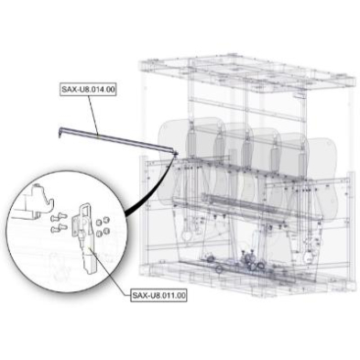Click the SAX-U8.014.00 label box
pyautogui.click(x=88, y=90)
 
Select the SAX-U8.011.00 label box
pyautogui.click(x=158, y=295)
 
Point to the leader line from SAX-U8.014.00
pyautogui.click(x=93, y=115)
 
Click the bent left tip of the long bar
pyautogui.click(x=60, y=132)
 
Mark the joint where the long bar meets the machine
pyautogui.click(x=176, y=153)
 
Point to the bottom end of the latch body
pyautogui.click(x=91, y=269)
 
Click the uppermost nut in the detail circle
pyautogui.click(x=106, y=220)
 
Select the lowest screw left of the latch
pyautogui.click(x=58, y=228)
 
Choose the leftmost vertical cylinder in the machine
pyautogui.click(x=191, y=142)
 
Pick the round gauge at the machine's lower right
pyautogui.click(x=310, y=256)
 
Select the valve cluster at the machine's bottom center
pyautogui.click(x=248, y=259)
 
